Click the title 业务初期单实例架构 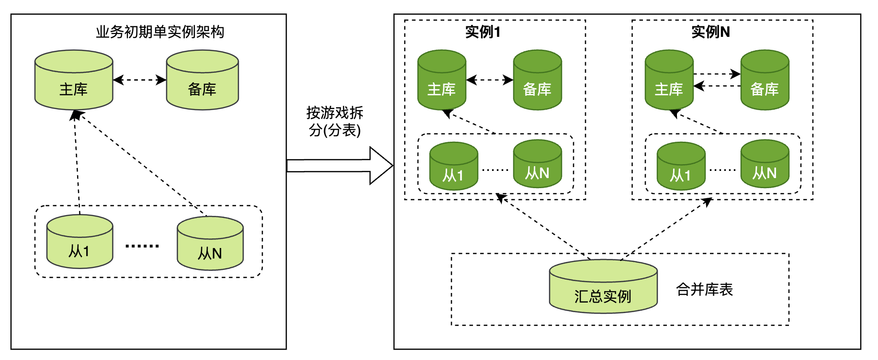click(x=160, y=32)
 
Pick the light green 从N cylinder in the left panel click(x=210, y=244)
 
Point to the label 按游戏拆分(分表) click(x=335, y=122)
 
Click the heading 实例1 click(x=483, y=32)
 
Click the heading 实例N click(x=710, y=32)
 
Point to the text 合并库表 click(x=704, y=290)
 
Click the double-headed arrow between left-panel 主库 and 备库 click(x=139, y=80)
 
